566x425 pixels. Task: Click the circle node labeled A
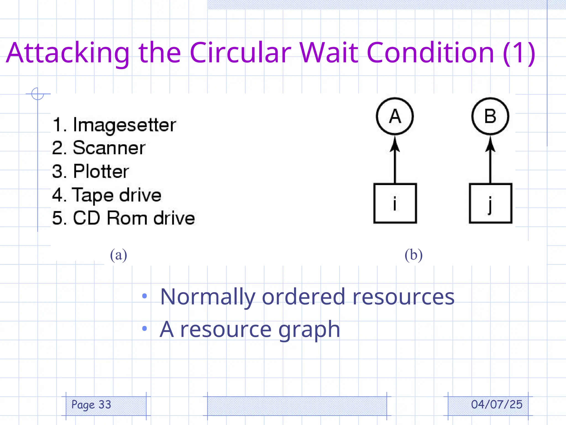(x=395, y=116)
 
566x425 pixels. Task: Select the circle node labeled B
(x=490, y=116)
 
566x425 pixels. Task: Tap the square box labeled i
(x=395, y=203)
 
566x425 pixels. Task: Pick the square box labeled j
(x=490, y=203)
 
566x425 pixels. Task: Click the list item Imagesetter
(x=124, y=125)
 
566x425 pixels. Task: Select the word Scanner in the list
(x=109, y=148)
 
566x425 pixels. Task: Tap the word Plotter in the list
(x=101, y=171)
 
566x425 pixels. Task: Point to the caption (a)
(x=119, y=255)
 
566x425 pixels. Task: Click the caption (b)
(x=413, y=255)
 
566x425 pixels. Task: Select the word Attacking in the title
(x=68, y=53)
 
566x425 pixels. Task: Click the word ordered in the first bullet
(x=303, y=297)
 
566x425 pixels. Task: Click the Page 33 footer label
(x=91, y=405)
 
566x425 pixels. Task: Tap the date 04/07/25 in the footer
(x=497, y=405)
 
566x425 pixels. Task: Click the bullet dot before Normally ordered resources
(x=144, y=296)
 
